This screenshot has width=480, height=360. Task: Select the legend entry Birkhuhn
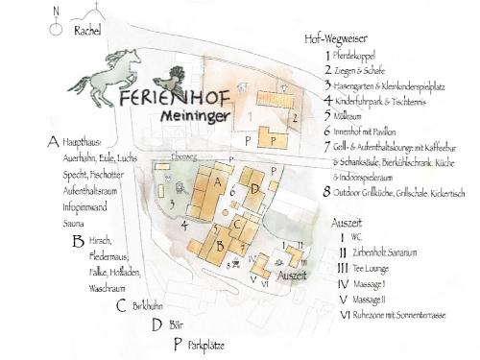click(150, 306)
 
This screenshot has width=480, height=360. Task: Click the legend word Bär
click(176, 324)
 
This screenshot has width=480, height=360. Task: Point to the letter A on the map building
click(217, 181)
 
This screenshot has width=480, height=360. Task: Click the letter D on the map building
click(253, 189)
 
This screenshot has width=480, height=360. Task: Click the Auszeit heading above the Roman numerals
click(346, 222)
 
